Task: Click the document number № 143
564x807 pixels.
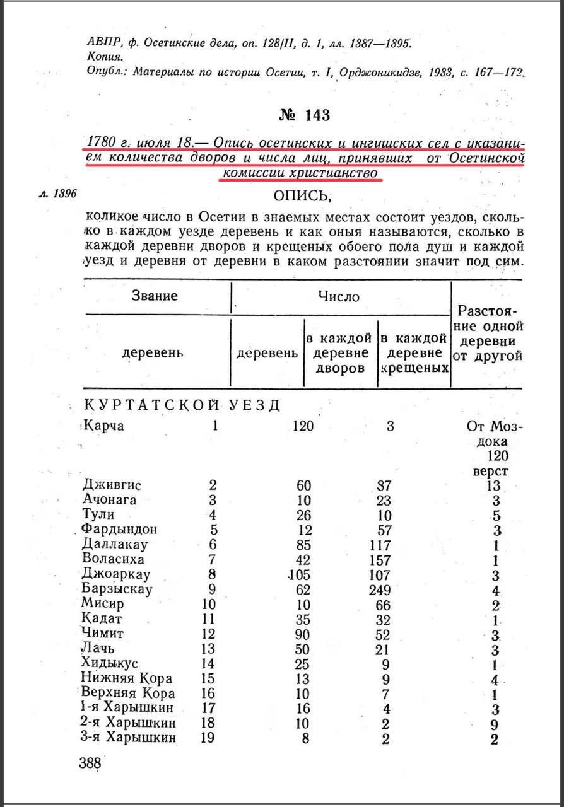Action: coord(304,115)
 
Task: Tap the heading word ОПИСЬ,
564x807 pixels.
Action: coord(302,195)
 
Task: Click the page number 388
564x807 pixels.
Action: coord(90,763)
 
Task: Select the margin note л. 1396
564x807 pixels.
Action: coord(57,194)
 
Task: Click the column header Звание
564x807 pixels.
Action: coord(155,296)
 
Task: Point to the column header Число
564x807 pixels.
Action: coord(339,296)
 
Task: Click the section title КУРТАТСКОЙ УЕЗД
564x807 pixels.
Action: coord(182,404)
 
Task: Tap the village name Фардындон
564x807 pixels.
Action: coord(119,529)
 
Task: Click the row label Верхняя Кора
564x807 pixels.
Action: coord(127,693)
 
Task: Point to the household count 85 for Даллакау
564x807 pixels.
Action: coord(305,544)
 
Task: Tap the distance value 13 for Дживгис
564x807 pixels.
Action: coord(493,485)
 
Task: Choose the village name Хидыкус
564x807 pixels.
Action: coord(110,663)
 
